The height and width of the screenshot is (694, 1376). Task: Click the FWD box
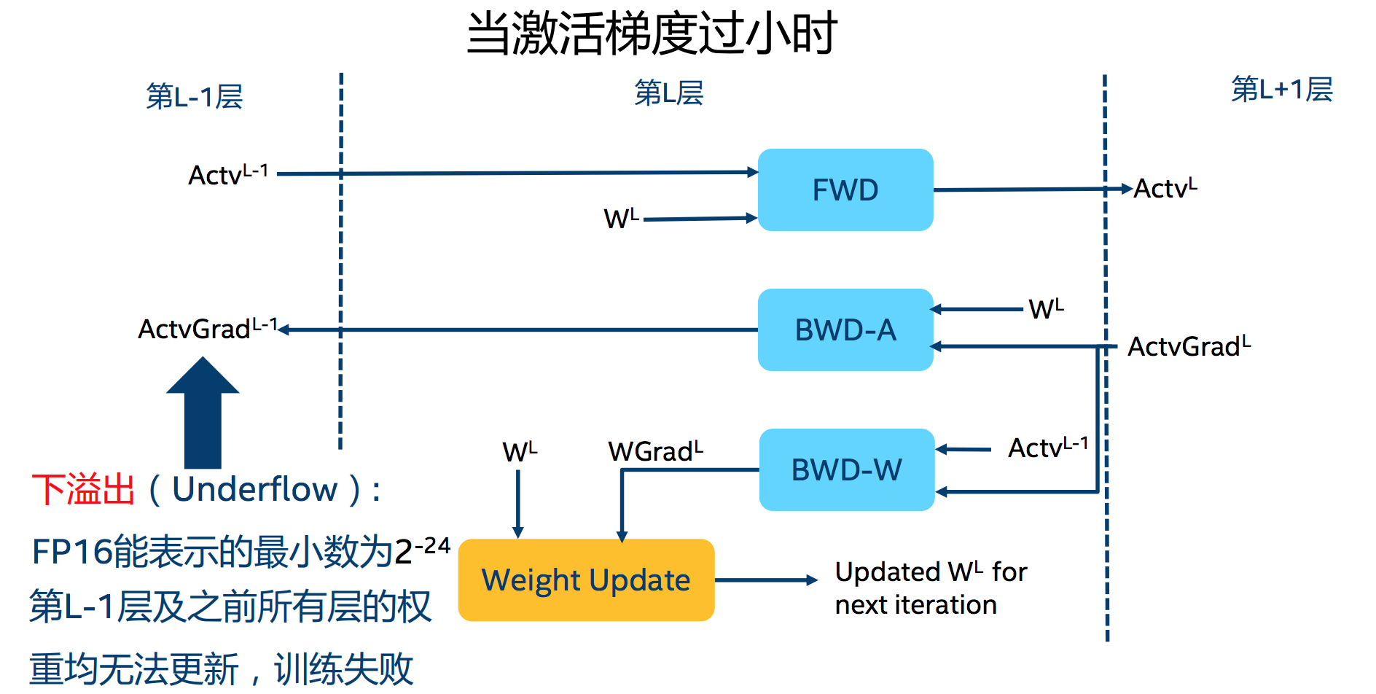[x=845, y=190]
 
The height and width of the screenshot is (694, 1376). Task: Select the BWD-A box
[x=845, y=330]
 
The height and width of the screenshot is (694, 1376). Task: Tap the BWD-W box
[x=846, y=470]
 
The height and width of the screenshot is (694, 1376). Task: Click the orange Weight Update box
[x=586, y=580]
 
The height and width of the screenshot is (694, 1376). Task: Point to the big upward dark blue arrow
[x=203, y=416]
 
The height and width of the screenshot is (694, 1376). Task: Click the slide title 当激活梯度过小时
[x=651, y=34]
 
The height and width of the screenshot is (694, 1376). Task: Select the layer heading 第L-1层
[x=194, y=96]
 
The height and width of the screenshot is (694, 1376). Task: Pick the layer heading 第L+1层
[x=1281, y=90]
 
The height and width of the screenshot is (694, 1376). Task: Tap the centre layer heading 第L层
[x=668, y=93]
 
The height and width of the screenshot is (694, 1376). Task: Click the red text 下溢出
[x=83, y=489]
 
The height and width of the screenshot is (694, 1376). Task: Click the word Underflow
[x=254, y=489]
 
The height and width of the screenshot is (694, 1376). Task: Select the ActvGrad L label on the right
[x=1189, y=346]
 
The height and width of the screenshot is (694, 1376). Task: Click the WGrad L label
[x=655, y=451]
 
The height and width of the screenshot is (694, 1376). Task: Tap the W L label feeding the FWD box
[x=621, y=218]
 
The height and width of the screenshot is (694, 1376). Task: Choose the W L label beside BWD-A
[x=1046, y=309]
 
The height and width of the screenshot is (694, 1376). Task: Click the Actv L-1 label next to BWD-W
[x=1047, y=448]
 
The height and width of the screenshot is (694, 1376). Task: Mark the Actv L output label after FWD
[x=1165, y=189]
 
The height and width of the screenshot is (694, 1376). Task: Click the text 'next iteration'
[x=915, y=605]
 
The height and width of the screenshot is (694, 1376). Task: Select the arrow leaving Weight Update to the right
[x=765, y=580]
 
